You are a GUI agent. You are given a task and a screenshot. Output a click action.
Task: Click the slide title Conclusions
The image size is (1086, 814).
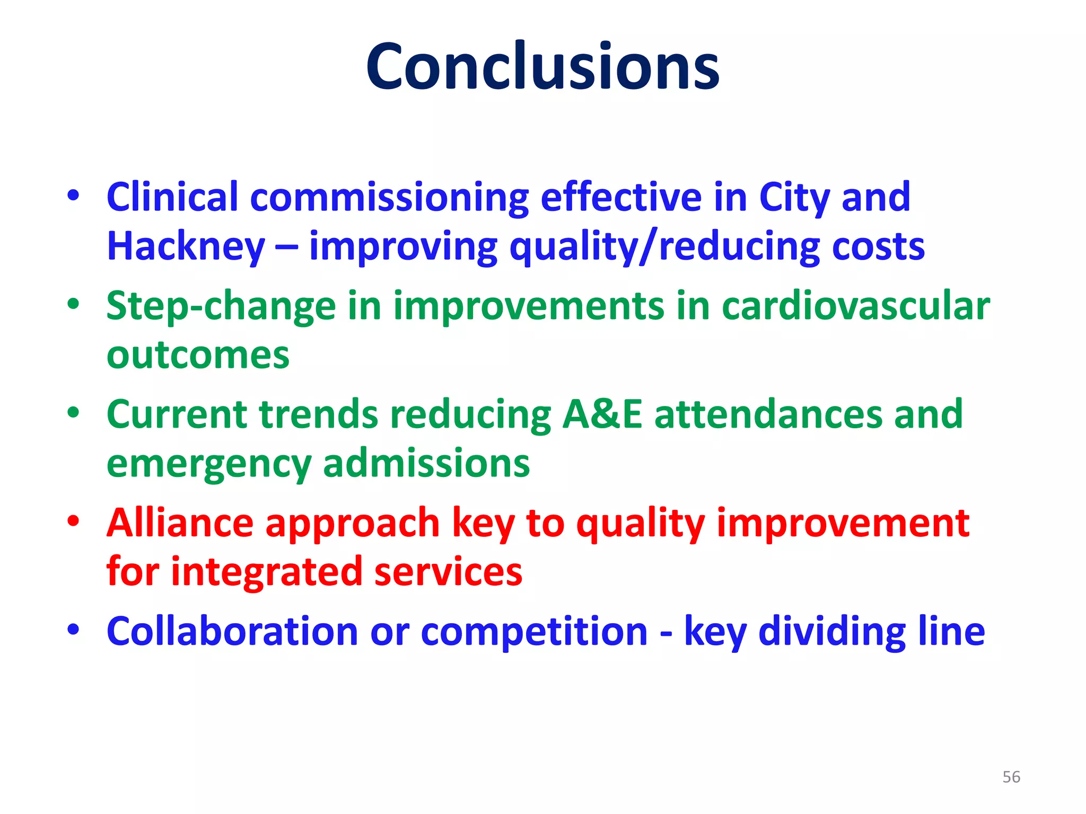coord(542,66)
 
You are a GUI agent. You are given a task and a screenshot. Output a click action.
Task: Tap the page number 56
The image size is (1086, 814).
coord(1011,777)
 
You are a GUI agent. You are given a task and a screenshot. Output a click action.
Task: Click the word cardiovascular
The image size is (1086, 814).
coord(855,306)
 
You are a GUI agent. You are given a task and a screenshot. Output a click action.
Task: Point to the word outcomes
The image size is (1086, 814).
coord(198,355)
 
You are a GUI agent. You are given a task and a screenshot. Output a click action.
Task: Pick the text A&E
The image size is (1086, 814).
coord(602,414)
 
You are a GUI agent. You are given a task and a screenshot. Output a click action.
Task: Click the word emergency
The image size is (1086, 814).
coord(208,464)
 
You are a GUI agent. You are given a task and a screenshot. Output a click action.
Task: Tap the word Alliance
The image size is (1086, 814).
coord(180,523)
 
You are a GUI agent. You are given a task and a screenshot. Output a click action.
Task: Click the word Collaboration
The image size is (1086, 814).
coord(232,631)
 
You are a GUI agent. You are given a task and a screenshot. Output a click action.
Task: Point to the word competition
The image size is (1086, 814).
coord(534,632)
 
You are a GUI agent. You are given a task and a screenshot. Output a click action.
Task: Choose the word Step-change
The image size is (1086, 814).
coord(221,307)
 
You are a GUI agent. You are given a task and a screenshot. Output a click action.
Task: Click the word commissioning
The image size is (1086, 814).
coord(389,198)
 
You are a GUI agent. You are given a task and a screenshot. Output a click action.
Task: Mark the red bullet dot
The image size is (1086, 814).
coord(73,521)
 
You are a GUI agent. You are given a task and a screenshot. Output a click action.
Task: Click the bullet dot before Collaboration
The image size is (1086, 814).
coord(73,630)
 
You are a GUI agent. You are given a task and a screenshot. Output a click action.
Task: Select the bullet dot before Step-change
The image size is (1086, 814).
coord(73,304)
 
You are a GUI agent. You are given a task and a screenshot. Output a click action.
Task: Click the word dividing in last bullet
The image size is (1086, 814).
coord(831,632)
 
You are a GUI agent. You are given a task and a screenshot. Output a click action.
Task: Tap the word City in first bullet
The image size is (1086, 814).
coord(794,198)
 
